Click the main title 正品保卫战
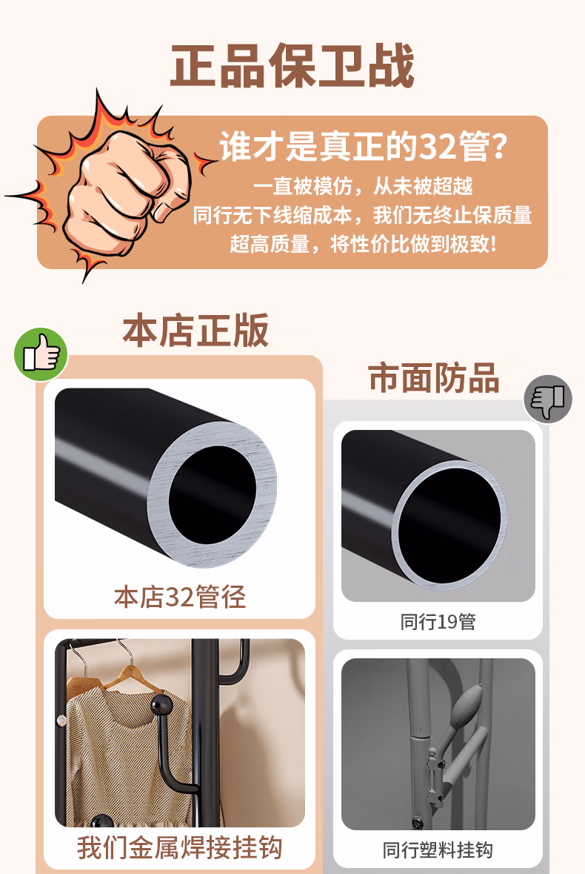pos(292,67)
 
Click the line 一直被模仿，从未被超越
pos(363,185)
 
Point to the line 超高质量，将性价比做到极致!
pos(363,243)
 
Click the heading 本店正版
pos(195,331)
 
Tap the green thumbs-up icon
pos(41,354)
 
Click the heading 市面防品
pos(434,378)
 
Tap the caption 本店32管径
pos(180,597)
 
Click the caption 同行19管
pos(438,621)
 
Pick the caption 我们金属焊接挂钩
pos(180,847)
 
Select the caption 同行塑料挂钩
pos(438,850)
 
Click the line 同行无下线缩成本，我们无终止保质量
pos(363,215)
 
